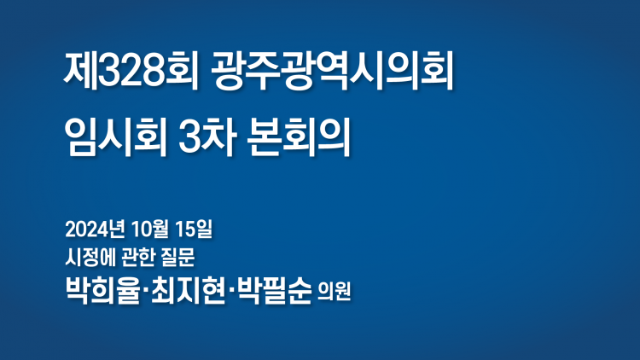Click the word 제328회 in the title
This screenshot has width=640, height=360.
pos(131,72)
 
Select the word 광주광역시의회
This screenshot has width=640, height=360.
pos(332,72)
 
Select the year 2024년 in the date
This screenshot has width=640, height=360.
pos(95,229)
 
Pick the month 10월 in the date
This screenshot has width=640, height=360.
pos(150,229)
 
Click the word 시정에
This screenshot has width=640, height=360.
pos(90,258)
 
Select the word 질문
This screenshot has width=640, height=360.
pos(179,258)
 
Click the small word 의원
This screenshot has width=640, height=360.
pos(335,292)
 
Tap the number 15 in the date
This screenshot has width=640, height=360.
pos(185,229)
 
